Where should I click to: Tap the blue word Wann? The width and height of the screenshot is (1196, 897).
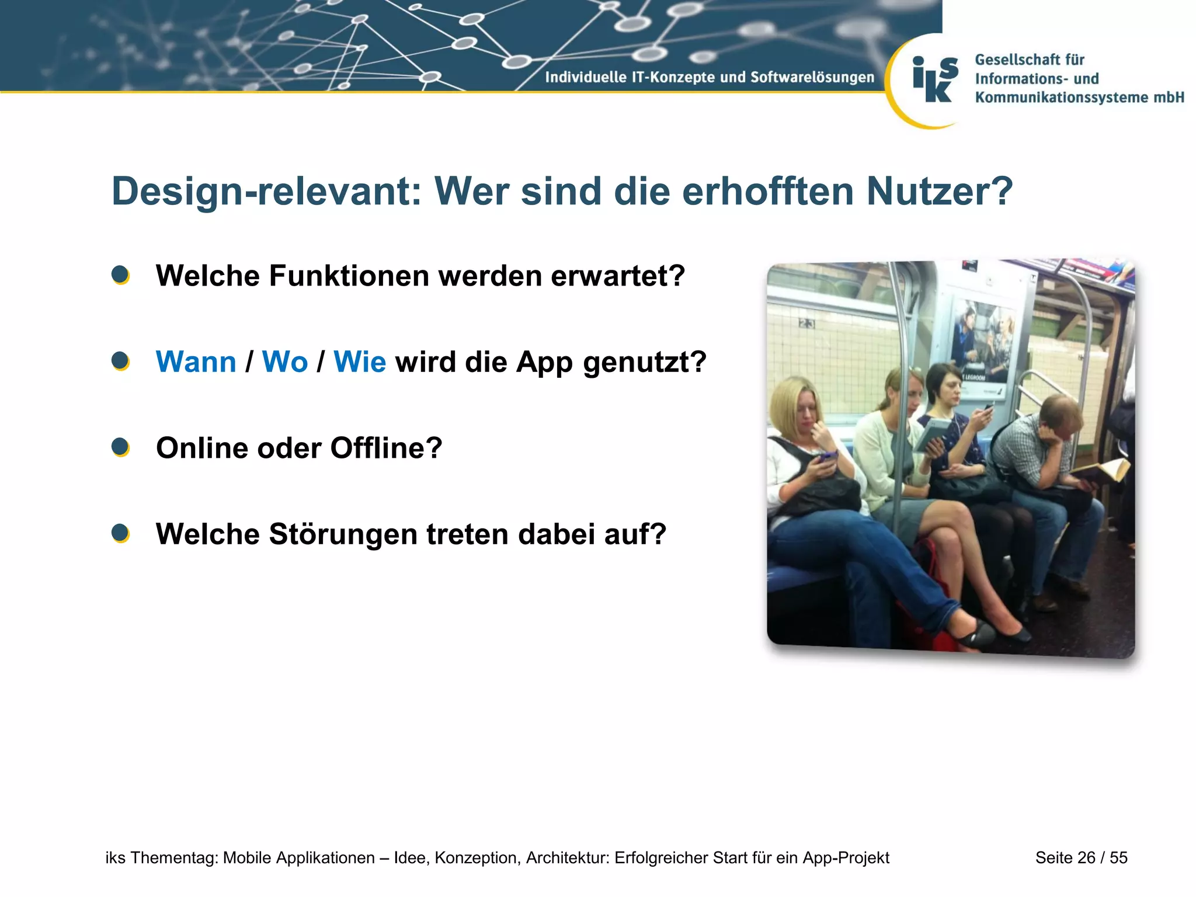click(x=196, y=362)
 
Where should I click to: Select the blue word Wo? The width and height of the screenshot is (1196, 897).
click(x=284, y=362)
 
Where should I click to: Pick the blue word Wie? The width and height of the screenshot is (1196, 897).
click(x=359, y=362)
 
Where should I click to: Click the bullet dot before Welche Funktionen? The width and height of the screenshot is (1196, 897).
click(x=120, y=275)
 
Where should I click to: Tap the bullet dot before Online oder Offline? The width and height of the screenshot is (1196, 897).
click(x=120, y=447)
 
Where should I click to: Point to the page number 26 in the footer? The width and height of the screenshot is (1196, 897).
click(x=1086, y=857)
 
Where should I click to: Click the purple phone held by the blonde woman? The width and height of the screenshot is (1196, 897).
click(x=828, y=456)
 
